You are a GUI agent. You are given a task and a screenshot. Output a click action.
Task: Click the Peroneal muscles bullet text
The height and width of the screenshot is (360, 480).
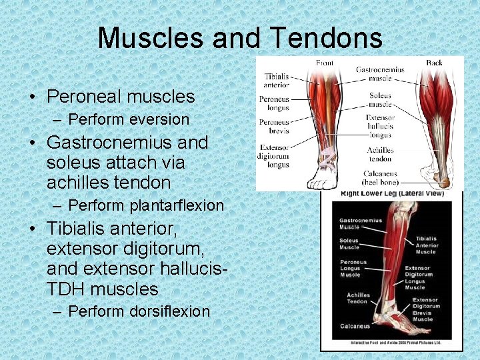(121, 97)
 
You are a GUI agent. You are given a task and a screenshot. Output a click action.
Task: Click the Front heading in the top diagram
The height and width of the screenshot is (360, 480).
(325, 63)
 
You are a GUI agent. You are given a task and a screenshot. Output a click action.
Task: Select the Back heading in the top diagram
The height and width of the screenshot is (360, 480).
(434, 63)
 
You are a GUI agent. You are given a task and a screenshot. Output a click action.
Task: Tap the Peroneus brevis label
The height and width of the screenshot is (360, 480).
(274, 127)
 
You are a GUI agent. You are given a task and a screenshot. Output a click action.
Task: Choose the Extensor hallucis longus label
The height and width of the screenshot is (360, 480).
(380, 126)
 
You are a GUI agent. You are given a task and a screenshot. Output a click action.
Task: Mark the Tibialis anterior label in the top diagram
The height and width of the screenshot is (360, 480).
(277, 81)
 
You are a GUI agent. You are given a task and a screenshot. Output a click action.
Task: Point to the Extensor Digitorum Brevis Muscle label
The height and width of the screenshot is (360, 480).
(422, 309)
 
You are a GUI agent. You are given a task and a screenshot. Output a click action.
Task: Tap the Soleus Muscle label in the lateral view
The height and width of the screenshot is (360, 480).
(349, 244)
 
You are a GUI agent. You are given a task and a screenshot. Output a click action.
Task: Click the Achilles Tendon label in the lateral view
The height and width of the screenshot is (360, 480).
(357, 298)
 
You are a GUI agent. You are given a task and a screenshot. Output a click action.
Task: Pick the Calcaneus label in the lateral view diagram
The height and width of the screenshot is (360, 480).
(354, 326)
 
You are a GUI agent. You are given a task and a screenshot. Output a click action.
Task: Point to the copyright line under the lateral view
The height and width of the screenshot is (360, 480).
(392, 343)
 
